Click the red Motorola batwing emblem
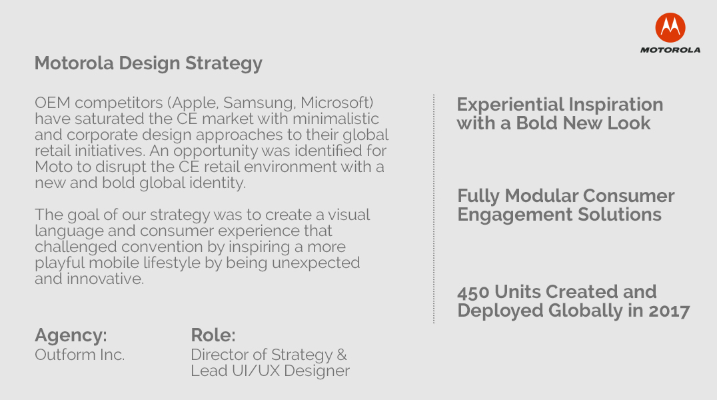[670, 27]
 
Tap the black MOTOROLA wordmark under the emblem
[670, 50]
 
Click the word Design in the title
[149, 63]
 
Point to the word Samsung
[259, 103]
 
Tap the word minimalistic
[336, 119]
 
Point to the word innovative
[105, 279]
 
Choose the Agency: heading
[71, 335]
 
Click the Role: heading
[213, 335]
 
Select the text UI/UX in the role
[255, 371]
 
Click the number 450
[473, 292]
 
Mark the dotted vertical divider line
[434, 209]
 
